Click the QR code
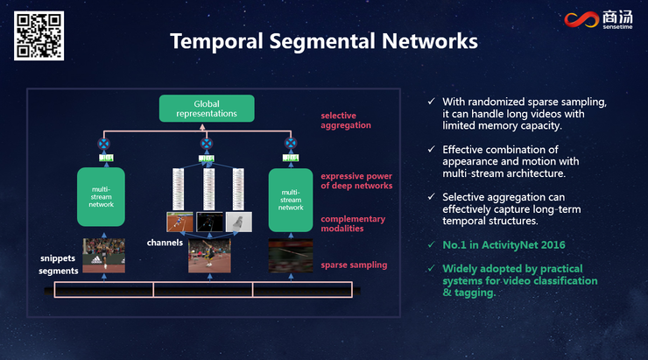point(39,36)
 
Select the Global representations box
point(207,109)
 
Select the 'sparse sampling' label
point(354,265)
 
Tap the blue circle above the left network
point(102,143)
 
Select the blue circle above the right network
point(291,143)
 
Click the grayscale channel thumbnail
point(239,223)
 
